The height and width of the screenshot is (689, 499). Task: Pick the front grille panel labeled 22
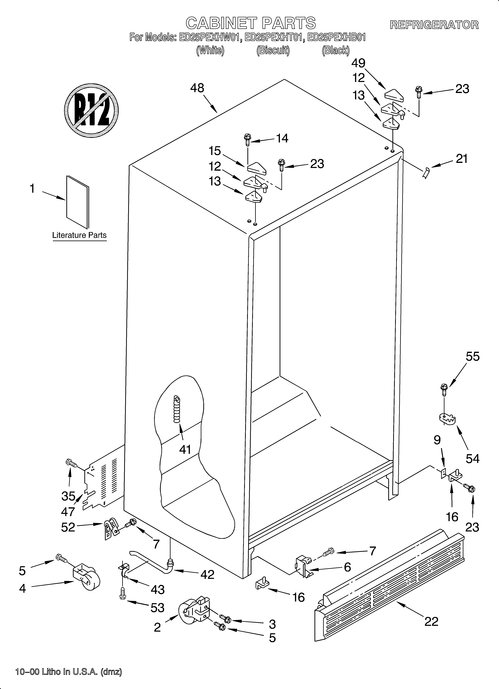[x=389, y=585]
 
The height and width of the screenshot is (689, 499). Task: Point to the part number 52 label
[x=68, y=527]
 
